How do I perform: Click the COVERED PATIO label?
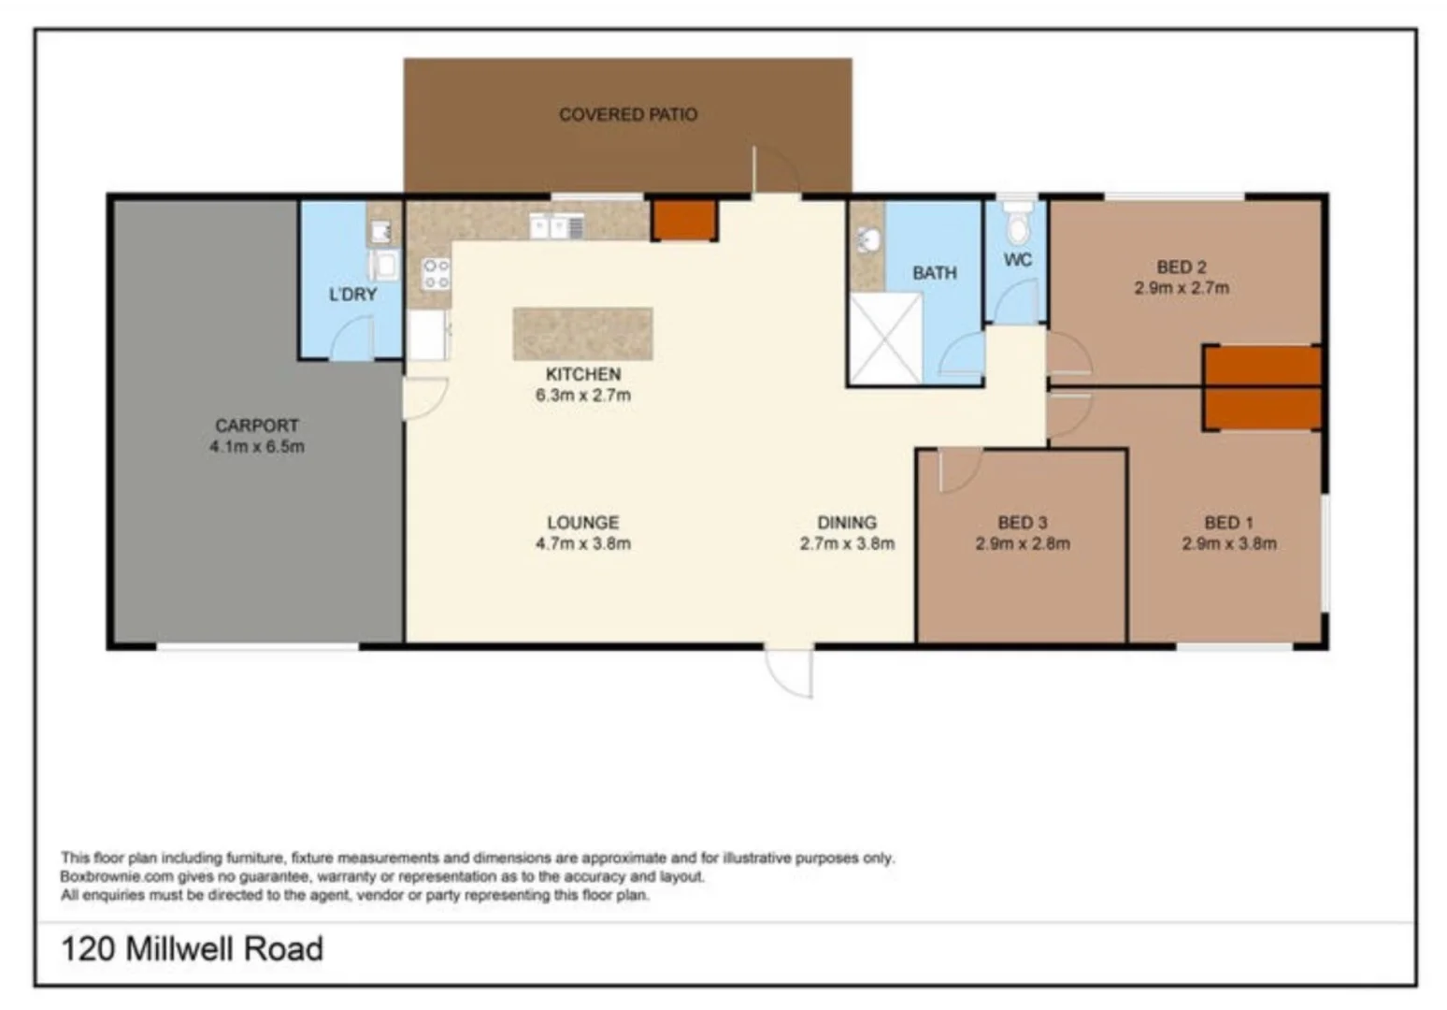[627, 114]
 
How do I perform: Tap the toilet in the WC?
[1016, 224]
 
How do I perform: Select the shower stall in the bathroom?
[884, 339]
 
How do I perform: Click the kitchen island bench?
[582, 334]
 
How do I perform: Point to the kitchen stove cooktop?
[436, 274]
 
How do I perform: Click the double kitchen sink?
[557, 226]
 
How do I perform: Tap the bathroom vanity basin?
[868, 240]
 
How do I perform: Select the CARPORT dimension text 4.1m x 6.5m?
[257, 447]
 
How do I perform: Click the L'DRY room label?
[352, 295]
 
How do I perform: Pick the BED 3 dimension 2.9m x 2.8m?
[1022, 543]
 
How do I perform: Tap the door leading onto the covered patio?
[775, 171]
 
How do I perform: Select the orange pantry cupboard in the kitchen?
[683, 221]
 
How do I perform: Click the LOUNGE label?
[582, 522]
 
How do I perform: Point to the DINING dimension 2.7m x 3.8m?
[847, 543]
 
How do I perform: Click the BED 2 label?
[1181, 267]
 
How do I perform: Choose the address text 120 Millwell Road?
[193, 948]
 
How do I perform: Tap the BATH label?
[934, 273]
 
